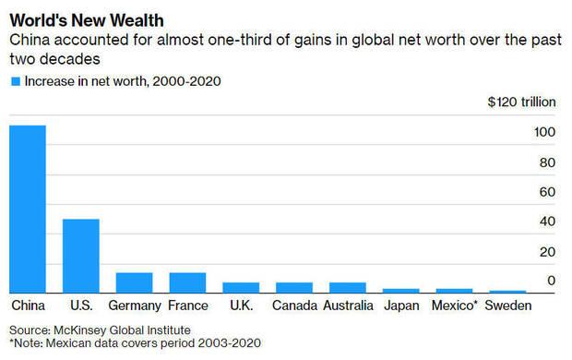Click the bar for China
click(28, 209)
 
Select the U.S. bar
click(80, 256)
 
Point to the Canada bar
click(294, 287)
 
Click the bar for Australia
click(348, 287)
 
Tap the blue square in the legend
click(15, 81)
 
